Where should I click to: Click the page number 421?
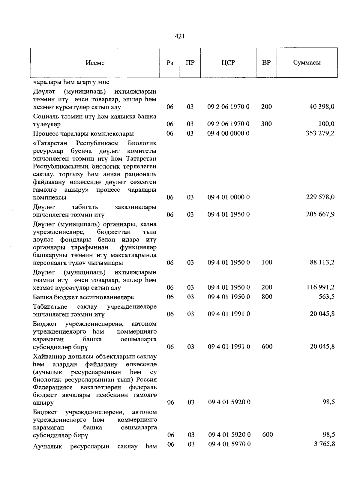180,36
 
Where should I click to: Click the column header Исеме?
95,63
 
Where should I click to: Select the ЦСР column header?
228,63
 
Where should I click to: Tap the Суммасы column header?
307,63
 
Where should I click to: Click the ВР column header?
266,63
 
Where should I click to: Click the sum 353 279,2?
320,133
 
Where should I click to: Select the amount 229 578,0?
320,197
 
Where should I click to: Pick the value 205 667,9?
320,214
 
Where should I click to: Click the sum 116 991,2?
320,287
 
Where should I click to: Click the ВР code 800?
267,297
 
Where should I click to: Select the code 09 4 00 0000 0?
229,133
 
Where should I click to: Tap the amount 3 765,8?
325,444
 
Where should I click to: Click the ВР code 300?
266,124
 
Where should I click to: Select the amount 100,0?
326,124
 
